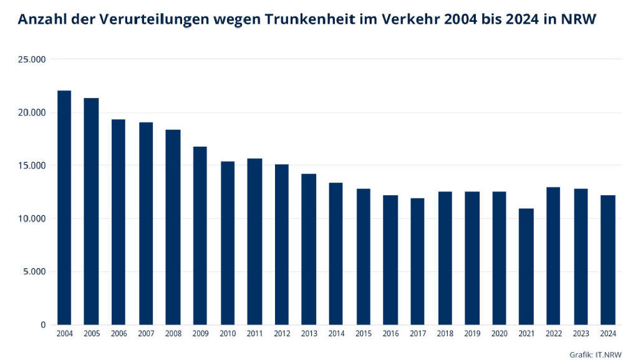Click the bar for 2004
point(64,208)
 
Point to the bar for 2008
point(173,227)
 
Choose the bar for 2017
point(418,261)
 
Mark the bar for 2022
point(554,256)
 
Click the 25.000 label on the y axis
point(32,59)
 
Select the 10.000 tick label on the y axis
point(32,219)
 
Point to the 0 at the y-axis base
point(43,325)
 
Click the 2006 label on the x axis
point(118,334)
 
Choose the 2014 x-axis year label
point(336,334)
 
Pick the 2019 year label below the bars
point(472,334)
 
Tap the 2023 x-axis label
point(581,334)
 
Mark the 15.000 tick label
point(32,166)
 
